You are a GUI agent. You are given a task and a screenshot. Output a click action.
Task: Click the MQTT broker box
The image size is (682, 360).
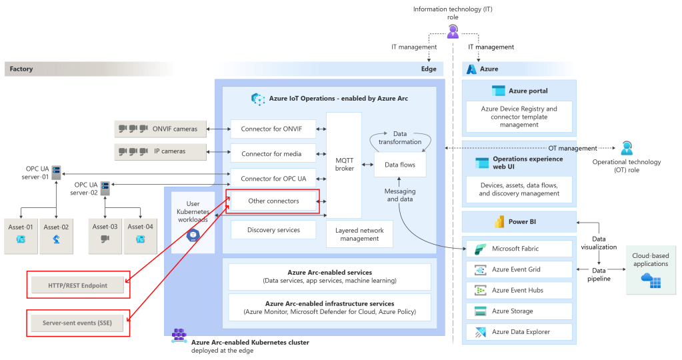(343, 165)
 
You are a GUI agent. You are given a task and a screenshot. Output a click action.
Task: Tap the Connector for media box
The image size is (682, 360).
(271, 154)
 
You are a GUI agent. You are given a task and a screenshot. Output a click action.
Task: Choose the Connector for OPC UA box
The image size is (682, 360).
(273, 179)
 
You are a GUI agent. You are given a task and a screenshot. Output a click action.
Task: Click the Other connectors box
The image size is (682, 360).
(273, 201)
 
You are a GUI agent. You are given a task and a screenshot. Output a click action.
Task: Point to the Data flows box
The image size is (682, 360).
(399, 164)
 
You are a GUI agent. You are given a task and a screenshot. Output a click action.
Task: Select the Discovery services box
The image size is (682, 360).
(273, 230)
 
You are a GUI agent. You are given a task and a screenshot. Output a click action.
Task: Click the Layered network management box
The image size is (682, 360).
(359, 234)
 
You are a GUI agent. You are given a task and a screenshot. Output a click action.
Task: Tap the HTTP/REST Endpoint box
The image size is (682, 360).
(78, 285)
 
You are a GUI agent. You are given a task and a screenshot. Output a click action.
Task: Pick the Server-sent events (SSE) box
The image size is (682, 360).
(78, 323)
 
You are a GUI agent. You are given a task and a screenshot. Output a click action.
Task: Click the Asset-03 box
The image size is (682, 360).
(105, 235)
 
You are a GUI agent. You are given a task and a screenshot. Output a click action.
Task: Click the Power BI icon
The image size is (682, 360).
(497, 221)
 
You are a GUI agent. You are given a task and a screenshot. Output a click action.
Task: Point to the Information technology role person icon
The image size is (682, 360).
(453, 30)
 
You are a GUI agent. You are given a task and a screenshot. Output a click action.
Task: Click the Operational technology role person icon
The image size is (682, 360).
(627, 148)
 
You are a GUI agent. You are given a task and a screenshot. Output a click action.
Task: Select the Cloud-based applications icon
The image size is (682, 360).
(650, 281)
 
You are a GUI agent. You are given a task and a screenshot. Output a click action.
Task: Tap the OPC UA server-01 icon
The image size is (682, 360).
(57, 171)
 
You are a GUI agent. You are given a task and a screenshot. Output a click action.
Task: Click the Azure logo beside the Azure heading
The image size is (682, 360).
(472, 69)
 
